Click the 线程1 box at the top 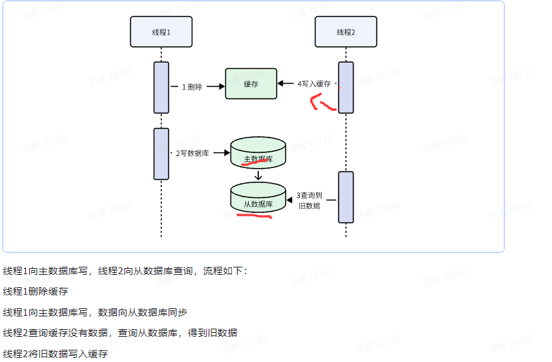tap(161, 31)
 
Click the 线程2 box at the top tap(345, 31)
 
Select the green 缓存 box tap(251, 84)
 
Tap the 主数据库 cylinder tap(258, 154)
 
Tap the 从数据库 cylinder tap(258, 199)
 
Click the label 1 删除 tap(192, 86)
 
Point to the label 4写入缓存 tap(313, 84)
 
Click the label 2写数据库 tap(192, 153)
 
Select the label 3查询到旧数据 tap(309, 200)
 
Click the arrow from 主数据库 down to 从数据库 tap(258, 176)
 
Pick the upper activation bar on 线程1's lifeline tap(161, 87)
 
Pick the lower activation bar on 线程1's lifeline tap(161, 154)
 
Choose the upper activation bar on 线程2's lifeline tap(346, 87)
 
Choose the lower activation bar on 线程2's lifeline tap(346, 197)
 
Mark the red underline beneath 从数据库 tap(253, 216)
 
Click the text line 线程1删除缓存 tap(35, 291)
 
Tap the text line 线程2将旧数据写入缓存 tap(55, 354)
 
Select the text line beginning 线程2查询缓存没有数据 tap(120, 333)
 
